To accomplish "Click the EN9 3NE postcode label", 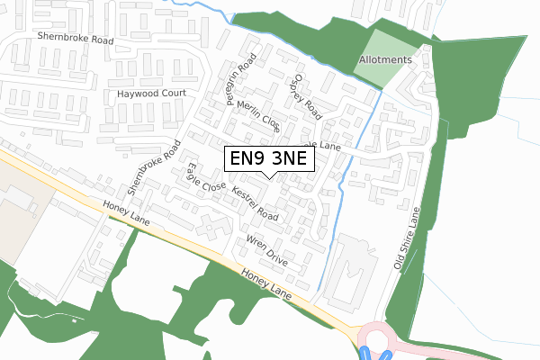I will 270,159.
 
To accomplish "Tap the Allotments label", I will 384,60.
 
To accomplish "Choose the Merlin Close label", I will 258,116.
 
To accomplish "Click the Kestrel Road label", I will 255,204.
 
